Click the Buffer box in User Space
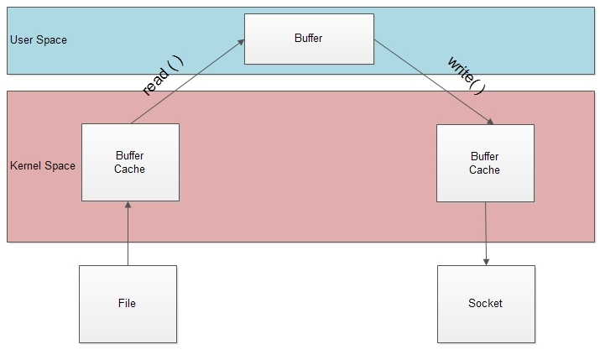pos(309,39)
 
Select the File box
pos(128,303)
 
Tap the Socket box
pos(485,303)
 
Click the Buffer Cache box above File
pos(130,162)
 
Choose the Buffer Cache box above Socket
pos(485,163)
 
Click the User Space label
pos(39,40)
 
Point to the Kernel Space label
pos(43,165)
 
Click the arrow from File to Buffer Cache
pos(128,235)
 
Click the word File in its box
pos(128,303)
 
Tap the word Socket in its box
pos(485,303)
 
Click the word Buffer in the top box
pos(309,39)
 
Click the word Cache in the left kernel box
pos(130,169)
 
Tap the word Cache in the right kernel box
pos(485,170)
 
